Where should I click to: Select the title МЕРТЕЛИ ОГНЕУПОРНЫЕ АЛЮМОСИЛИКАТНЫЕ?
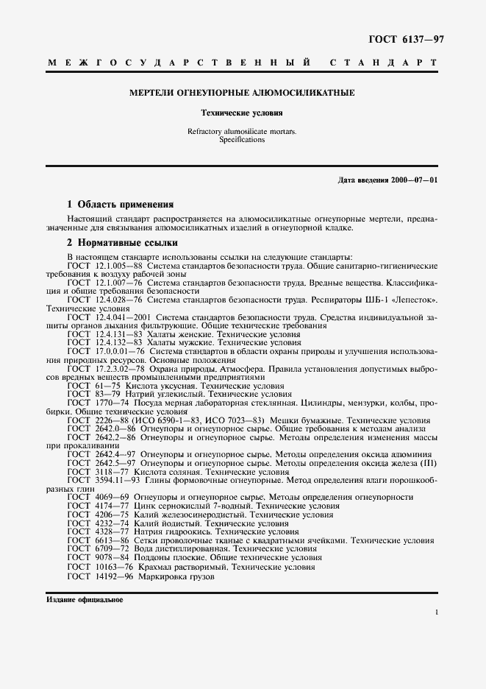click(242, 93)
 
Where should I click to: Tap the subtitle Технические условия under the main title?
click(242, 113)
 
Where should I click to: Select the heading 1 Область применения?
click(121, 204)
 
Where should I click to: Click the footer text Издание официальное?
click(85, 599)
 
